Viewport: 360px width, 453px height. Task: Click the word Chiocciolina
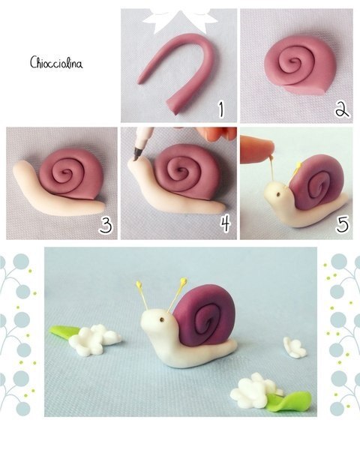tap(56, 63)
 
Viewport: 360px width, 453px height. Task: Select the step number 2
tap(342, 109)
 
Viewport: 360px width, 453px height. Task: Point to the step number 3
tap(105, 225)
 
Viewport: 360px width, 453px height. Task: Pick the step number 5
tap(342, 224)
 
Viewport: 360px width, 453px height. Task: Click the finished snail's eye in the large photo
tap(162, 319)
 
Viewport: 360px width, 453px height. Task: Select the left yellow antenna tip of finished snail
tap(139, 284)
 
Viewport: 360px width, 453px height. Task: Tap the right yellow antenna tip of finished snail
tap(183, 280)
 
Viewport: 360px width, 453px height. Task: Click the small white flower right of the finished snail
tap(294, 347)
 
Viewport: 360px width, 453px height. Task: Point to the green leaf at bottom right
tap(289, 402)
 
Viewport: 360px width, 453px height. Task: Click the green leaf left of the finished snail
tap(63, 331)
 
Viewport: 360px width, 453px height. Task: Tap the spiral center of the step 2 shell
tap(295, 61)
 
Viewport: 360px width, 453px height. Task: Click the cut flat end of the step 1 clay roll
tap(174, 108)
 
